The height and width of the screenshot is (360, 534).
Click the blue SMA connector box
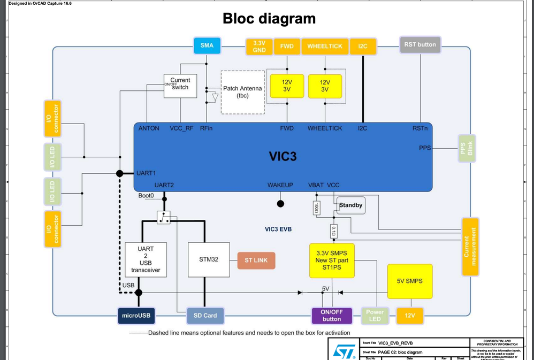(x=207, y=46)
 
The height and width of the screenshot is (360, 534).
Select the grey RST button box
(x=420, y=45)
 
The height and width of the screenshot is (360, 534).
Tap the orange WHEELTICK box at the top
(x=325, y=47)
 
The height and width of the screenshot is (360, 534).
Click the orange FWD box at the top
(x=287, y=47)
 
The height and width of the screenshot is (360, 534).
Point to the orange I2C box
(x=362, y=47)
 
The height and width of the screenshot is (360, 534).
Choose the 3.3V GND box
(x=259, y=47)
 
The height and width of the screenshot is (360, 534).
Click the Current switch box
(x=180, y=85)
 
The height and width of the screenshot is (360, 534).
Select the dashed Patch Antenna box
(x=242, y=92)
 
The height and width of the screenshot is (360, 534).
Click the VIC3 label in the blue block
(x=282, y=157)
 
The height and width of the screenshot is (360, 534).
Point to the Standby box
(x=350, y=205)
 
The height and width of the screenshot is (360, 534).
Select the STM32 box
(x=208, y=260)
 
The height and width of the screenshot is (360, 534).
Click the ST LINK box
(x=256, y=260)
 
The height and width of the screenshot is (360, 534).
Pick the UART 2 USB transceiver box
(x=145, y=259)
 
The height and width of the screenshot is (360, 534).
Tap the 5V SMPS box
(x=409, y=281)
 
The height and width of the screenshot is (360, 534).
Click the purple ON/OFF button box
(x=332, y=316)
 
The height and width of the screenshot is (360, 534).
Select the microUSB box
(x=138, y=316)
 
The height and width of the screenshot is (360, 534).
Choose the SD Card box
(x=205, y=316)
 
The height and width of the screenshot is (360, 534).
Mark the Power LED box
(x=375, y=316)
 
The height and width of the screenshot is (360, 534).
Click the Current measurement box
(x=469, y=246)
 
